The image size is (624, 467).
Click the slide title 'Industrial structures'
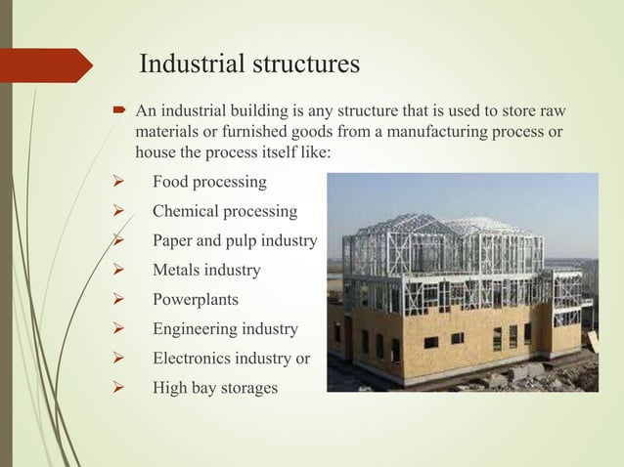[x=249, y=65]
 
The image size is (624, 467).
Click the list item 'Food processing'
[x=208, y=183]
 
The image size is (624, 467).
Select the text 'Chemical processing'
[x=225, y=212]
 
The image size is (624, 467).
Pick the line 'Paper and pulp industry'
[x=235, y=241]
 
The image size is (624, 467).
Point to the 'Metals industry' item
[x=206, y=271]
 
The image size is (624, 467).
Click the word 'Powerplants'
[x=195, y=300]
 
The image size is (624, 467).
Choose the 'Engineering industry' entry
[x=225, y=329]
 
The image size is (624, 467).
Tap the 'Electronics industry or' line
[x=231, y=359]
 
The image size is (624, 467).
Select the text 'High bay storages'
[x=214, y=388]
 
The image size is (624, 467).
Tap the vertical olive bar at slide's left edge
[x=5, y=233]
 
